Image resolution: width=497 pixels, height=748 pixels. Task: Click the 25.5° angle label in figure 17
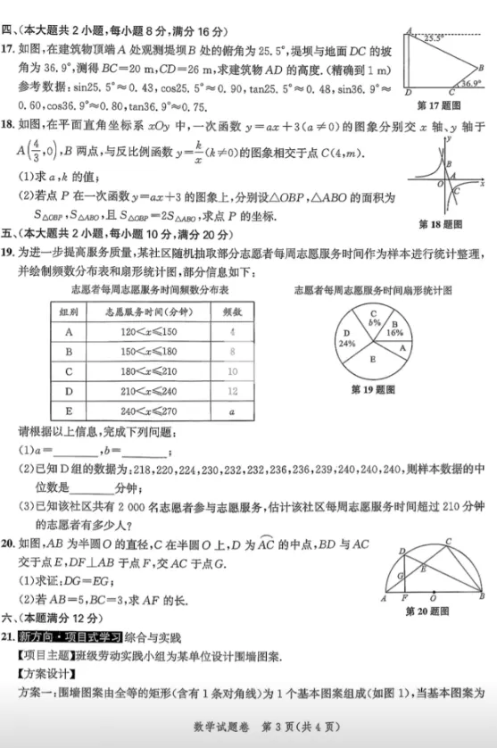tap(433, 38)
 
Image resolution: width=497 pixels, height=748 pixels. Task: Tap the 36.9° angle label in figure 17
tap(468, 83)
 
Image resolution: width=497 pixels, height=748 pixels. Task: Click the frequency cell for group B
tap(232, 351)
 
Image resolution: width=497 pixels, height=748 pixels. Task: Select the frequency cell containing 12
tap(232, 390)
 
